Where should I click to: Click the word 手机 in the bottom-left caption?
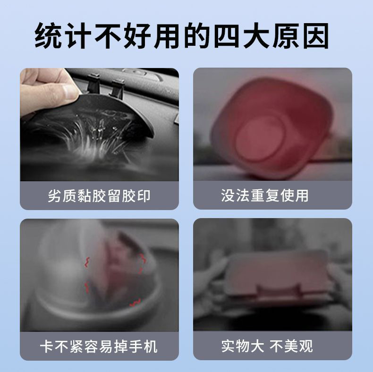145,347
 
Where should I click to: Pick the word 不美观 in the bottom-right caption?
291,347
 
